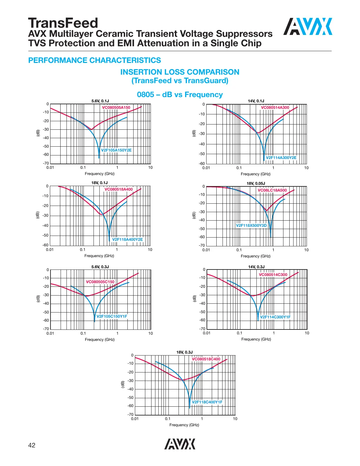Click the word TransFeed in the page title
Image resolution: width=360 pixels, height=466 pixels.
63,23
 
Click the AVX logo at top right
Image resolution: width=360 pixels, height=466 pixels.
308,26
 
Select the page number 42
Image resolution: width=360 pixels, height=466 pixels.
32,445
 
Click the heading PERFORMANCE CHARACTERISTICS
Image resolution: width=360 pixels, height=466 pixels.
94,60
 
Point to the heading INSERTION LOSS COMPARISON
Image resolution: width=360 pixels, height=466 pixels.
180,72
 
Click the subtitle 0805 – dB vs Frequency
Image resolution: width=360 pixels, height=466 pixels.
180,95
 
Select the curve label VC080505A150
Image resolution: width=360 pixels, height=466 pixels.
116,108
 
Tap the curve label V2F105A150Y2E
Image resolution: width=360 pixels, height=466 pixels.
116,150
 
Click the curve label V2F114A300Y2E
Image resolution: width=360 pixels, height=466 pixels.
281,158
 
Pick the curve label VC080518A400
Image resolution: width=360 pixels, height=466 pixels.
119,189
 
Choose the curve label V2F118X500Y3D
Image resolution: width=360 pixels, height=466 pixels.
251,226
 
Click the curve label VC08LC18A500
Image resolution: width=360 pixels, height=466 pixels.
272,190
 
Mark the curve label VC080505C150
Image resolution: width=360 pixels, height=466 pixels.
100,282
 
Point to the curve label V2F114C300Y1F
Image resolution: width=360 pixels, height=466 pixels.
275,317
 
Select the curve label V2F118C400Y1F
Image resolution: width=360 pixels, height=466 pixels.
207,402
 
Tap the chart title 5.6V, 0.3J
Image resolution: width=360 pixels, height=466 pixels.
100,267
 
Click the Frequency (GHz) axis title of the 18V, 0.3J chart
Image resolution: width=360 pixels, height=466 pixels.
184,425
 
